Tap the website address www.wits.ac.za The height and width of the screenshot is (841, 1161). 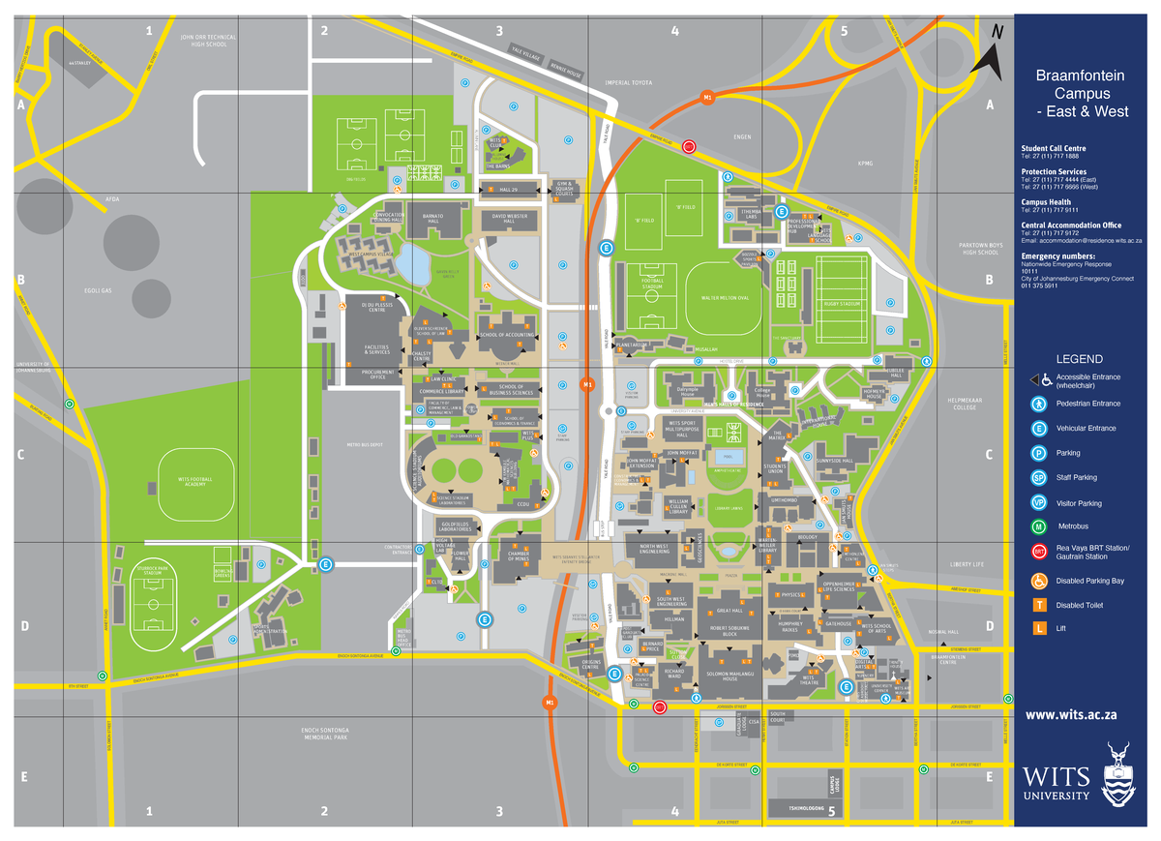coord(1071,714)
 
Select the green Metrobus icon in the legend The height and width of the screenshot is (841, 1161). coord(1038,527)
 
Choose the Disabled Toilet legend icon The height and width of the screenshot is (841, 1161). coord(1039,605)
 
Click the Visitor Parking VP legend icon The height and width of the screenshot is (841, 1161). coord(1038,502)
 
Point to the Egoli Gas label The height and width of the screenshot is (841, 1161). coord(101,289)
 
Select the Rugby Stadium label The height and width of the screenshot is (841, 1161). coord(843,304)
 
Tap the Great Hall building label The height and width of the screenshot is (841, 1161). coord(729,612)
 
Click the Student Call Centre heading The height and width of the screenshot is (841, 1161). coord(1060,148)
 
